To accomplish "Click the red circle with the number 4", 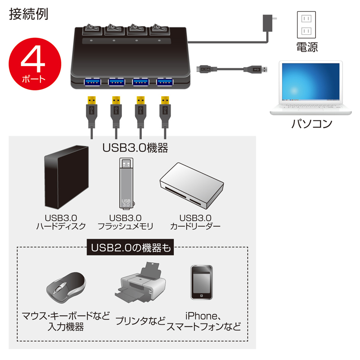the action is coord(35,64).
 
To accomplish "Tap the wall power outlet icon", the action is coord(306,25).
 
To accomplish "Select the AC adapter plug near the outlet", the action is coord(269,23).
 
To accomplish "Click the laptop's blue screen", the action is coord(310,81).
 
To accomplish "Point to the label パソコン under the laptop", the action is coord(312,124).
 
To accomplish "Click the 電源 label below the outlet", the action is coord(307,47).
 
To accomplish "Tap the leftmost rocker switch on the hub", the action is coord(92,29).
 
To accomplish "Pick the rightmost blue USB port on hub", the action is coord(165,82).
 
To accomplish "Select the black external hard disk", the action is coord(66,177).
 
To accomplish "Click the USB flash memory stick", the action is coord(126,183).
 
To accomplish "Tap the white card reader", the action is coord(192,185).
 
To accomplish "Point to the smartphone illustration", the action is coord(202,283).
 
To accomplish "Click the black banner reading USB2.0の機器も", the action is coord(130,247).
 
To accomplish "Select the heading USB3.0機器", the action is coord(135,148).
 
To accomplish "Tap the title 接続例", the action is coord(28,14).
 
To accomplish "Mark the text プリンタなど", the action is coord(140,321).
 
